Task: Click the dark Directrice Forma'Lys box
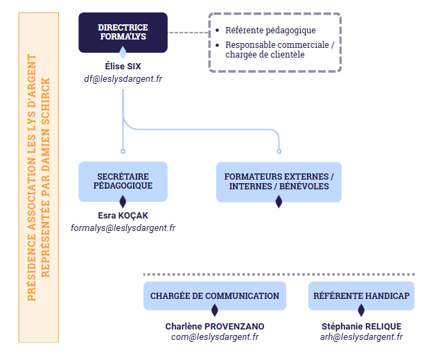tap(123, 33)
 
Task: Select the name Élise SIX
tap(123, 67)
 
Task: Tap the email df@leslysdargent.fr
tap(123, 79)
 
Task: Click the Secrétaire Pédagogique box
tap(123, 182)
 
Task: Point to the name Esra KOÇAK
tap(123, 216)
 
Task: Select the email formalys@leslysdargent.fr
tap(123, 228)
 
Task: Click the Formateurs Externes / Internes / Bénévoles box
tap(279, 182)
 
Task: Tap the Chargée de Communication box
tap(215, 296)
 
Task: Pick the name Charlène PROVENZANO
tap(215, 327)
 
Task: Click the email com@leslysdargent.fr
tap(215, 337)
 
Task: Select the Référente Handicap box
tap(361, 296)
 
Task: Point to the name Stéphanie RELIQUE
tap(361, 327)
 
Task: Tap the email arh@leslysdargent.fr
tap(361, 337)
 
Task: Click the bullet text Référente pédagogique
tap(270, 31)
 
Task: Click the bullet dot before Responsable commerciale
tap(218, 45)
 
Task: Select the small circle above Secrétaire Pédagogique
tap(123, 151)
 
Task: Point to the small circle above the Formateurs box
tap(279, 151)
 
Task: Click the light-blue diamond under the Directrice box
tap(123, 52)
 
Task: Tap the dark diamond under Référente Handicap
tap(361, 310)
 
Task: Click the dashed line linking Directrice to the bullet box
tap(188, 33)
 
